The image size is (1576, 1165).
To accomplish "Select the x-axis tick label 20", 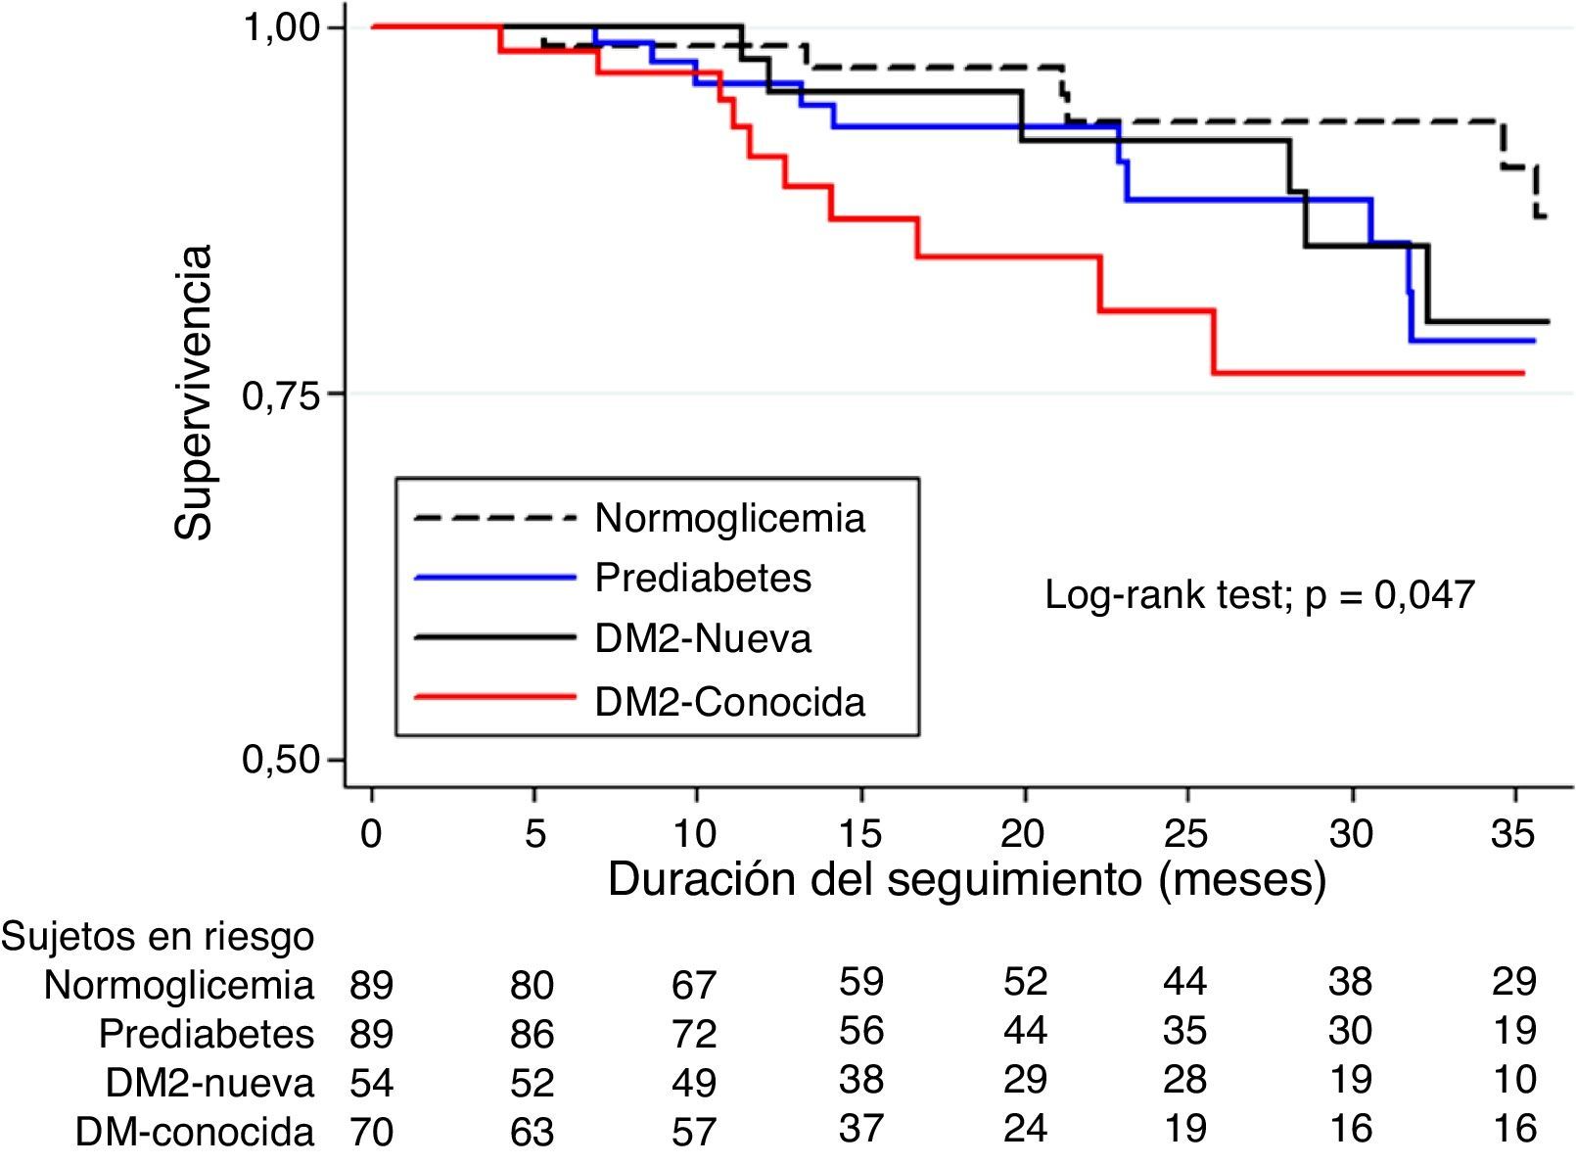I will click(x=1024, y=834).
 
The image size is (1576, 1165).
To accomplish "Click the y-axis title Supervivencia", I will click(x=193, y=392).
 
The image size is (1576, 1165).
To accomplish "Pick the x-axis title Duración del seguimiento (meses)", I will click(x=966, y=879).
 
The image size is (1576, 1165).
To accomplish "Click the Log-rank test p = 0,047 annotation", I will click(x=1259, y=594).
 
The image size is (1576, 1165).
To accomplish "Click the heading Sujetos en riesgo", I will click(x=159, y=937).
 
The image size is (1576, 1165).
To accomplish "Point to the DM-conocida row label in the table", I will click(x=195, y=1132).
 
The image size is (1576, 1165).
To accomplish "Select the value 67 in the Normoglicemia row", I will click(x=694, y=984).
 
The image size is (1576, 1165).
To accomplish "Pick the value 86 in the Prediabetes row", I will click(x=532, y=1034).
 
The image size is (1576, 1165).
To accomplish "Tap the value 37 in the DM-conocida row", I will click(x=861, y=1129).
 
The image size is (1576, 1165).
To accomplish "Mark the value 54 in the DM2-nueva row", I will click(x=372, y=1083).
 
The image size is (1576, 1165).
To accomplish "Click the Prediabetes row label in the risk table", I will click(x=207, y=1034).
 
